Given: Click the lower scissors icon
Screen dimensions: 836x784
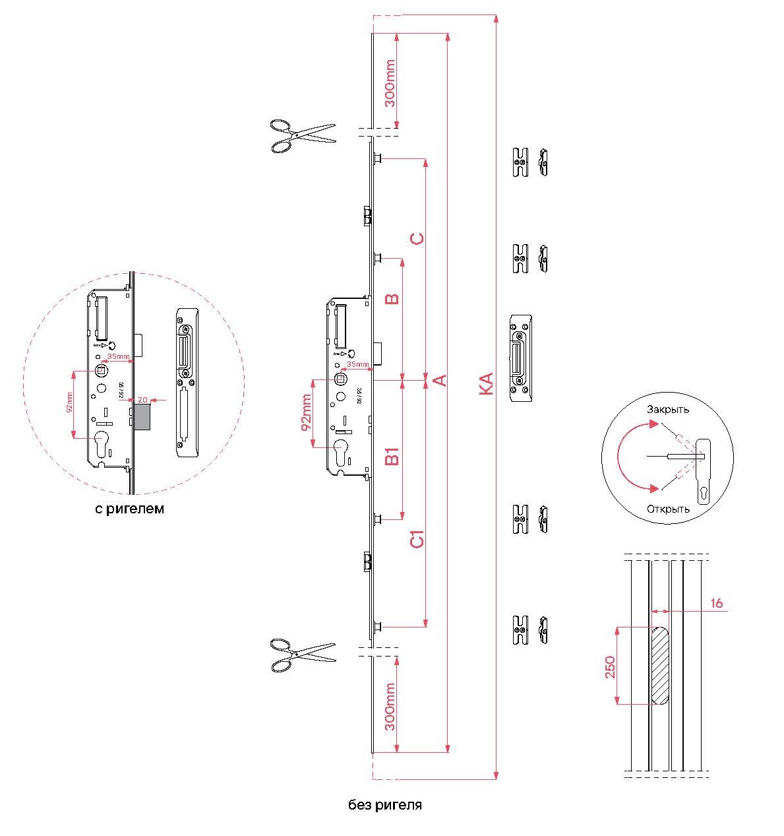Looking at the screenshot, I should click(303, 655).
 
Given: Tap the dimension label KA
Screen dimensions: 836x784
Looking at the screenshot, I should click(486, 383).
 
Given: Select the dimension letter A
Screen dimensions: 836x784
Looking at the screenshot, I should click(440, 380).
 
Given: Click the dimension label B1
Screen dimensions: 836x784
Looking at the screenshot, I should click(392, 456).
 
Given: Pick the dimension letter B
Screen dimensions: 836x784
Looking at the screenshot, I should click(392, 298).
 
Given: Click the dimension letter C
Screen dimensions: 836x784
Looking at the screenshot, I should click(417, 238).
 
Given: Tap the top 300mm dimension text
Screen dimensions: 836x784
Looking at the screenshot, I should click(390, 83).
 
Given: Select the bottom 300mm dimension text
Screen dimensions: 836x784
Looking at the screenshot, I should click(390, 707).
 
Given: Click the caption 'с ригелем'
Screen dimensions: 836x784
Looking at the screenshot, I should click(129, 509).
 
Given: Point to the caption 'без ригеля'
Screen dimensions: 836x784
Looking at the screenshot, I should click(385, 805).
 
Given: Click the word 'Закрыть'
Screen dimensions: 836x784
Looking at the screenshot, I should click(667, 409).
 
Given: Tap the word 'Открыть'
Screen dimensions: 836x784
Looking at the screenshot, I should click(668, 509).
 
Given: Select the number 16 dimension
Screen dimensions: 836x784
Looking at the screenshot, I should click(717, 603).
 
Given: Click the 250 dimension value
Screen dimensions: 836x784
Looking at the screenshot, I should click(610, 666).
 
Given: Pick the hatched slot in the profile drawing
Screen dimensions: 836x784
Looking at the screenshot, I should click(660, 664).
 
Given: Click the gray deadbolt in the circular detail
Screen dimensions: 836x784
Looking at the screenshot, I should click(142, 417).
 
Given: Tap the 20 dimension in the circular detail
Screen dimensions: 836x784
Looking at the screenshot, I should click(142, 400).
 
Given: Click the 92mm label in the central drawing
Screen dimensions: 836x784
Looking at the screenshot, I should click(307, 413).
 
